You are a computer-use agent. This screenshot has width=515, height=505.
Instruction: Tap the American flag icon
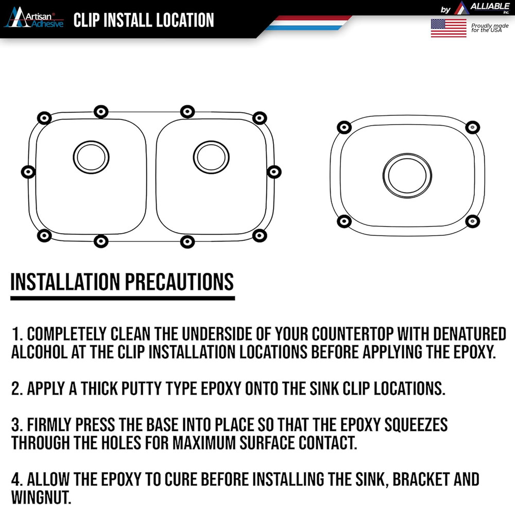(448, 28)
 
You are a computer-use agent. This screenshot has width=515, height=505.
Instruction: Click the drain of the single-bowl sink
(406, 175)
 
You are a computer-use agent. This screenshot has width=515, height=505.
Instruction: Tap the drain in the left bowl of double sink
(92, 154)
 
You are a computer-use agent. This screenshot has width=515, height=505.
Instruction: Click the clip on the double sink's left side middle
(28, 172)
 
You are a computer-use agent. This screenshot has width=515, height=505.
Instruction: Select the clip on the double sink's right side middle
(274, 172)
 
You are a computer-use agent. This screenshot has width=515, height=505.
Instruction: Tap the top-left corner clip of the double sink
(44, 118)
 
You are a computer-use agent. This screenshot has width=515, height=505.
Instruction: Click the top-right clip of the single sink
(471, 127)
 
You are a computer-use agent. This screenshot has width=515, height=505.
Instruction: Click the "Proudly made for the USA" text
(489, 27)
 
